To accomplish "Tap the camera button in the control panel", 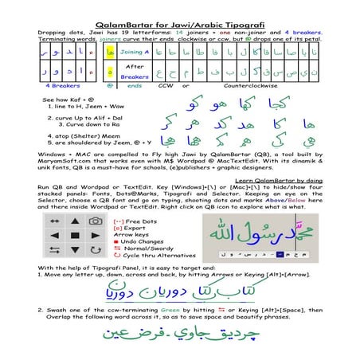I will click(x=96, y=220).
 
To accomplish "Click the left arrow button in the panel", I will click(x=55, y=237).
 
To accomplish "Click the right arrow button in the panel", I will click(x=96, y=237).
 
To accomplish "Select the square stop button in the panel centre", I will click(x=76, y=237).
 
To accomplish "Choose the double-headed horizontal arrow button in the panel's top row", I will click(x=55, y=220).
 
